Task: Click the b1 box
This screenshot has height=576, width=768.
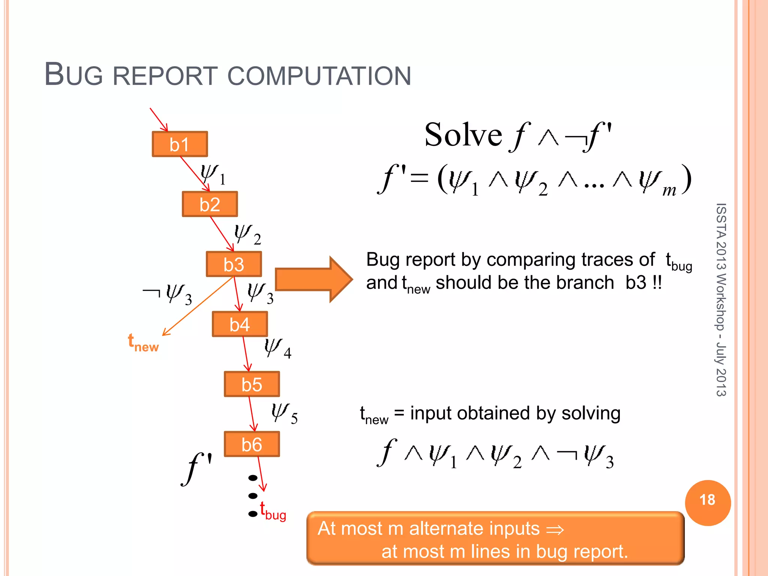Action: tap(180, 144)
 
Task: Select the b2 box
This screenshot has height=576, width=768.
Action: tap(210, 204)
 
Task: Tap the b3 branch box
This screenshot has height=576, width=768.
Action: tap(234, 264)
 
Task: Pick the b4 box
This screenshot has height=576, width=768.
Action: tap(240, 324)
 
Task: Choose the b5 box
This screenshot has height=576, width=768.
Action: tap(252, 384)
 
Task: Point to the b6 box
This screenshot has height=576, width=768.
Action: tap(252, 444)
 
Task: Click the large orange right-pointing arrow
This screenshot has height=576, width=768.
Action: tap(313, 279)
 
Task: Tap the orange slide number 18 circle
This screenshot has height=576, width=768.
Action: tap(707, 502)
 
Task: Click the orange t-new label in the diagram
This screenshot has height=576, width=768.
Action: tap(143, 343)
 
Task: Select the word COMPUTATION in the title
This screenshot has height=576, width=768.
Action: tap(319, 76)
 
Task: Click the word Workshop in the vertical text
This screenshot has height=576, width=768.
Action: tap(720, 302)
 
